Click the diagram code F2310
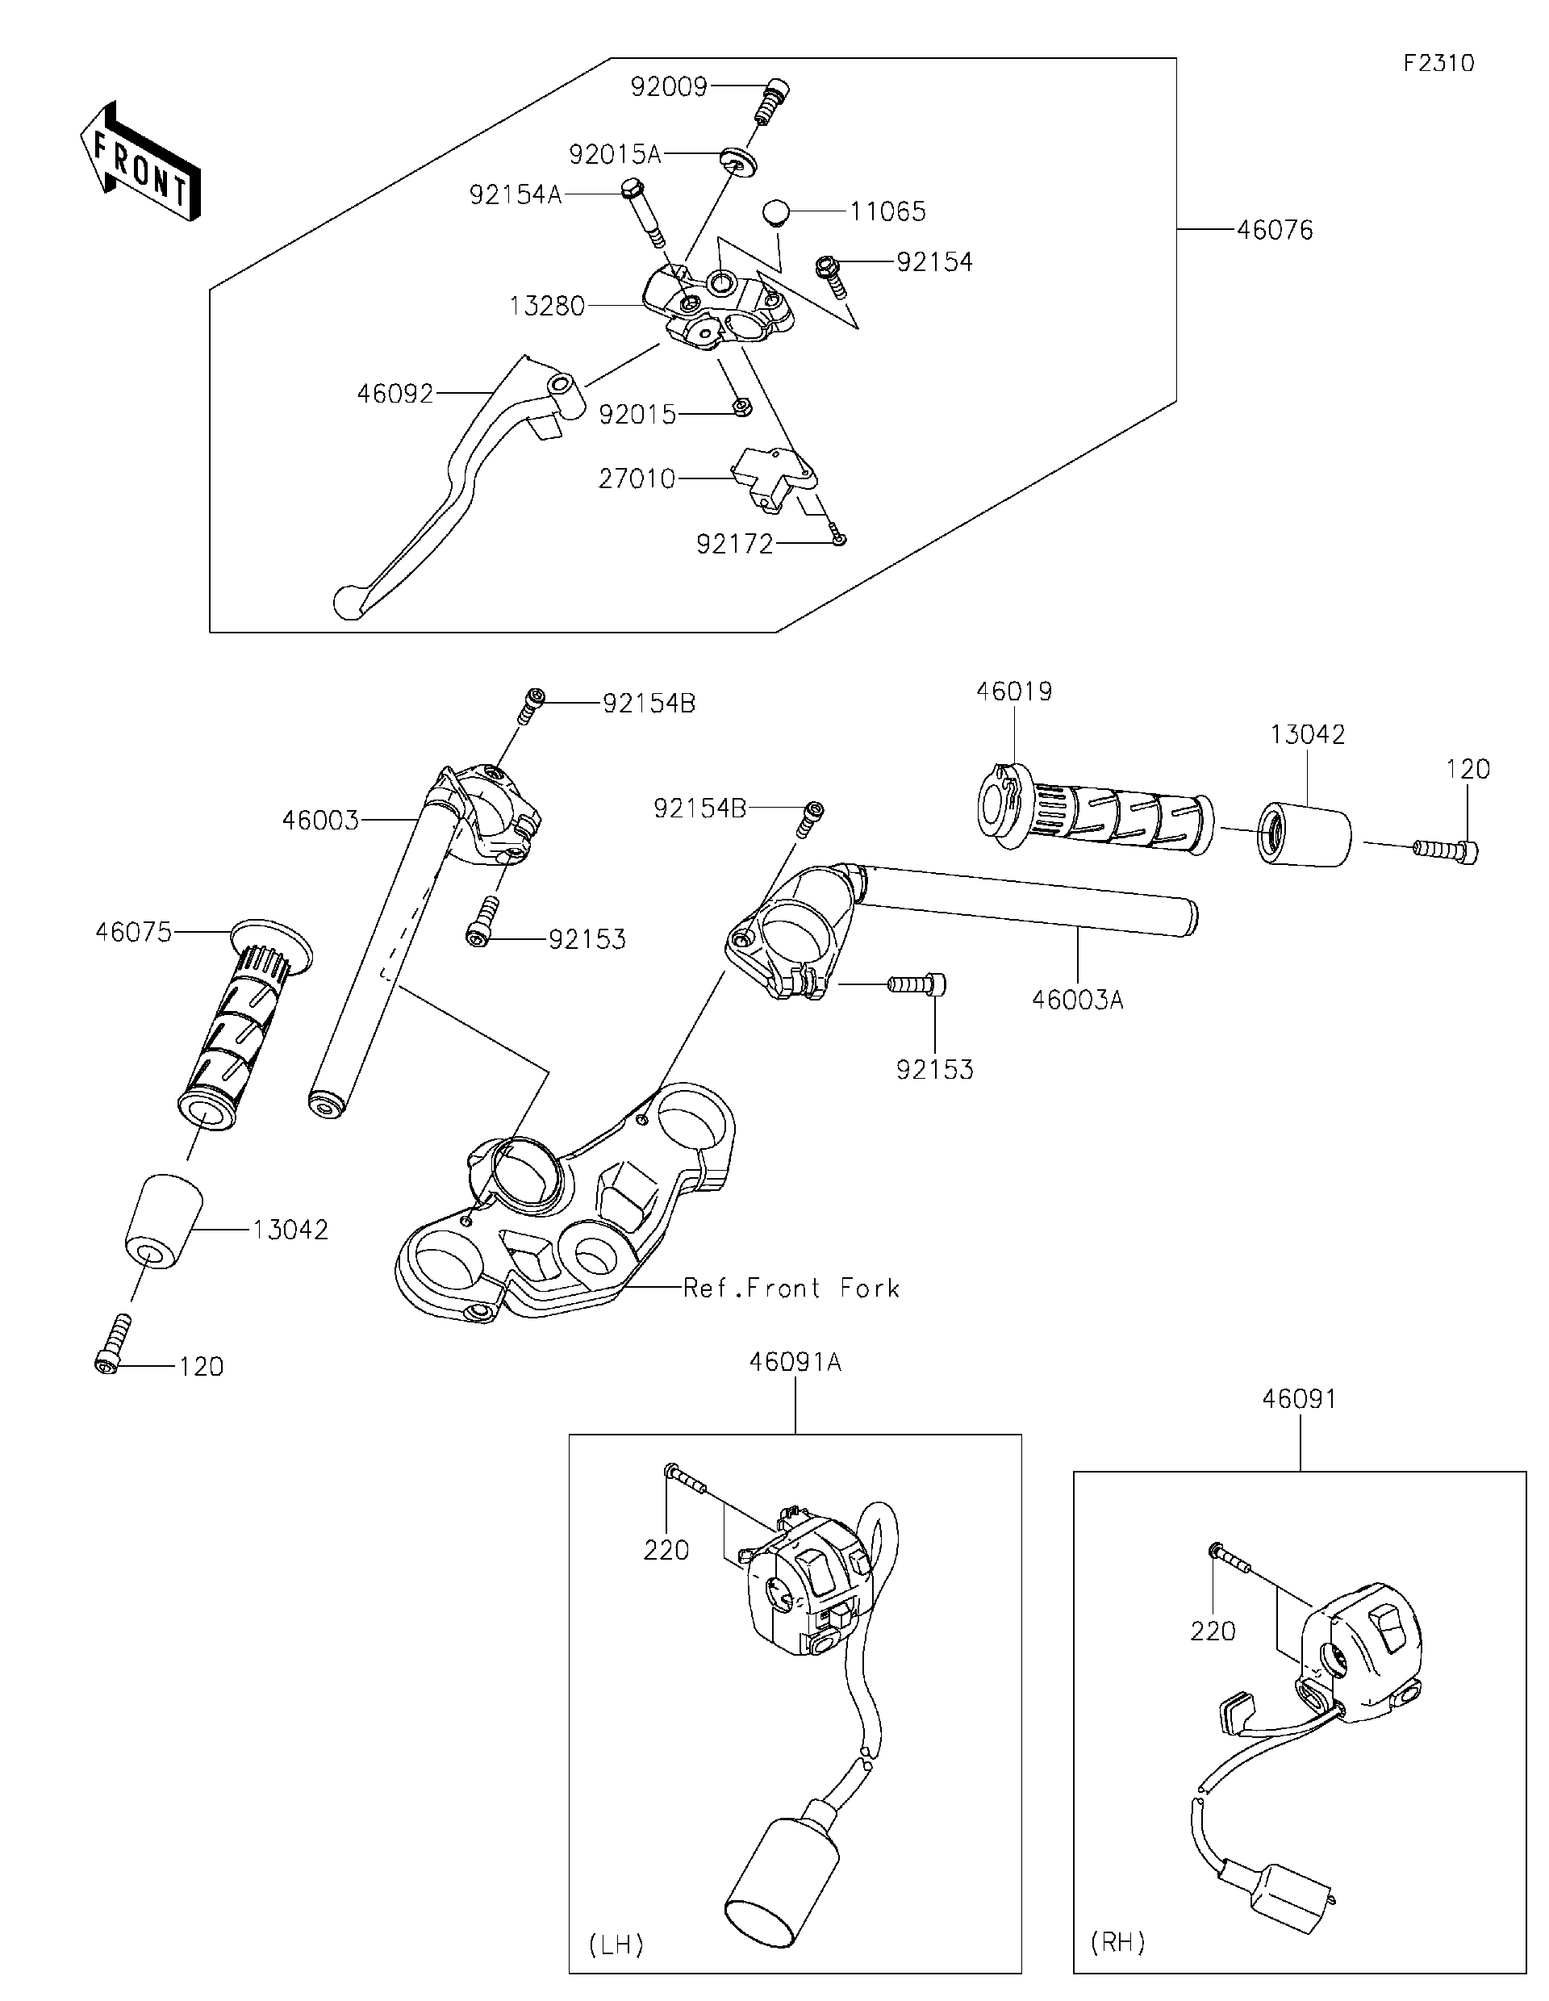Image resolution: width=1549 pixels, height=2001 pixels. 1438,63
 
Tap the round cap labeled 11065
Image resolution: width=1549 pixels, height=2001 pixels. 776,211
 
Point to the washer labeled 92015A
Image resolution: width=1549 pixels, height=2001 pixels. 738,161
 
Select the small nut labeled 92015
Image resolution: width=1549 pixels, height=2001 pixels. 743,406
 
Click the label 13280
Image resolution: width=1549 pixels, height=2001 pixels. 547,306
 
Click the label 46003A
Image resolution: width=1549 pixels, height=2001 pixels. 1077,1000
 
